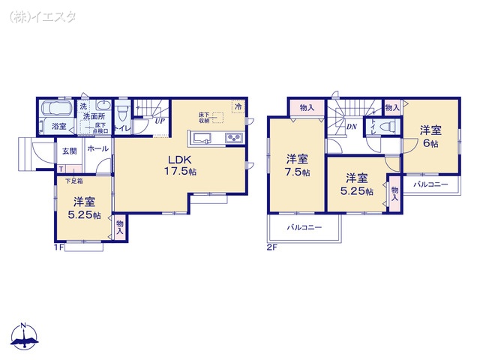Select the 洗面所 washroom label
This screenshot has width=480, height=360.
[x=94, y=117]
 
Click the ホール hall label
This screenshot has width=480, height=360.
[x=97, y=149]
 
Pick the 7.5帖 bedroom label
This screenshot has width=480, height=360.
[x=297, y=164]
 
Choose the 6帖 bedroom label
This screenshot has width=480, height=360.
[x=430, y=135]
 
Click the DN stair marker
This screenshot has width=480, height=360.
[x=351, y=127]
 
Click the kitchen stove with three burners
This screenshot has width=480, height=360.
[x=232, y=137]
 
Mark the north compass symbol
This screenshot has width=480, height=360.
[x=24, y=337]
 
